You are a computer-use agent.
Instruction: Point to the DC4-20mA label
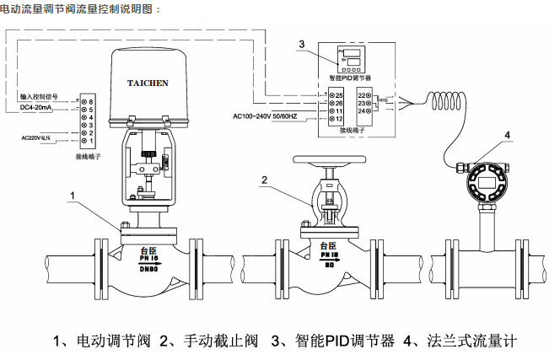(35, 108)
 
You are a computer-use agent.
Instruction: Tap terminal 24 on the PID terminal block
(363, 110)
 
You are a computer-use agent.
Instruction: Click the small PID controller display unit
(352, 58)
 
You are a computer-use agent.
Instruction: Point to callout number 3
(301, 43)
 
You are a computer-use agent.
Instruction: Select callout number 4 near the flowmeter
(506, 136)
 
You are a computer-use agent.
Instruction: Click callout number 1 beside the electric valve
(73, 195)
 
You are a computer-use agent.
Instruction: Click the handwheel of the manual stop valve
(327, 159)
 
